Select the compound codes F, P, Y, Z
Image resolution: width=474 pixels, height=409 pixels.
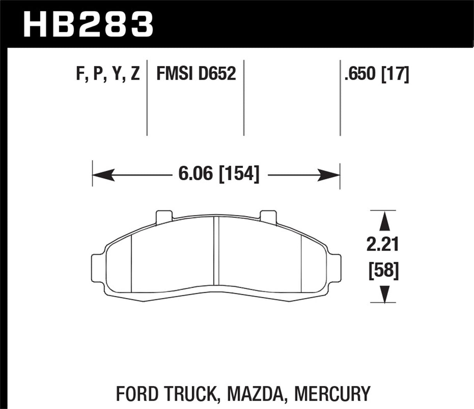(x=108, y=74)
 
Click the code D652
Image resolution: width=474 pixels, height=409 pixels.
(x=217, y=74)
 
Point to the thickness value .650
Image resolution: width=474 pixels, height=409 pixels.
(x=360, y=74)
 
